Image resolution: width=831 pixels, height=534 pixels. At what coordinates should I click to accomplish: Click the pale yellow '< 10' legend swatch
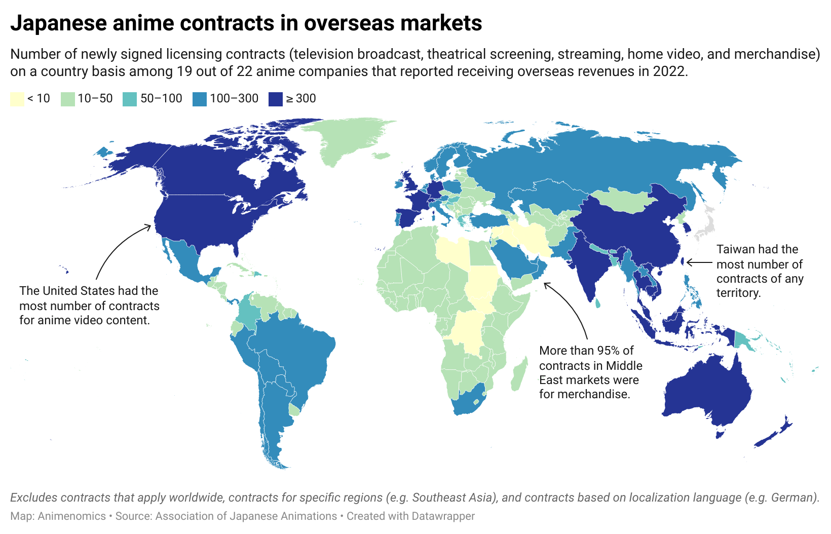(17, 99)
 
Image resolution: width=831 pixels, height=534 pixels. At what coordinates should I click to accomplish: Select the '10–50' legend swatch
(67, 99)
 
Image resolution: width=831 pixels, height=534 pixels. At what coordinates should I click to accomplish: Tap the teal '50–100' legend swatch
(130, 99)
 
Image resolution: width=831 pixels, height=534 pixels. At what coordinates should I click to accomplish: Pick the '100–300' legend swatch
(199, 99)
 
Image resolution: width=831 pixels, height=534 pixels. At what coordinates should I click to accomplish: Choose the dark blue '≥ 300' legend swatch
(275, 99)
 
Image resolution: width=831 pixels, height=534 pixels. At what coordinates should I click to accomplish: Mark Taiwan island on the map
(683, 262)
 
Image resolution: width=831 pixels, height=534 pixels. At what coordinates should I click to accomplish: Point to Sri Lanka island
(598, 303)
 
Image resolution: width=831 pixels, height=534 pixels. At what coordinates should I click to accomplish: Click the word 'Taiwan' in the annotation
(734, 249)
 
